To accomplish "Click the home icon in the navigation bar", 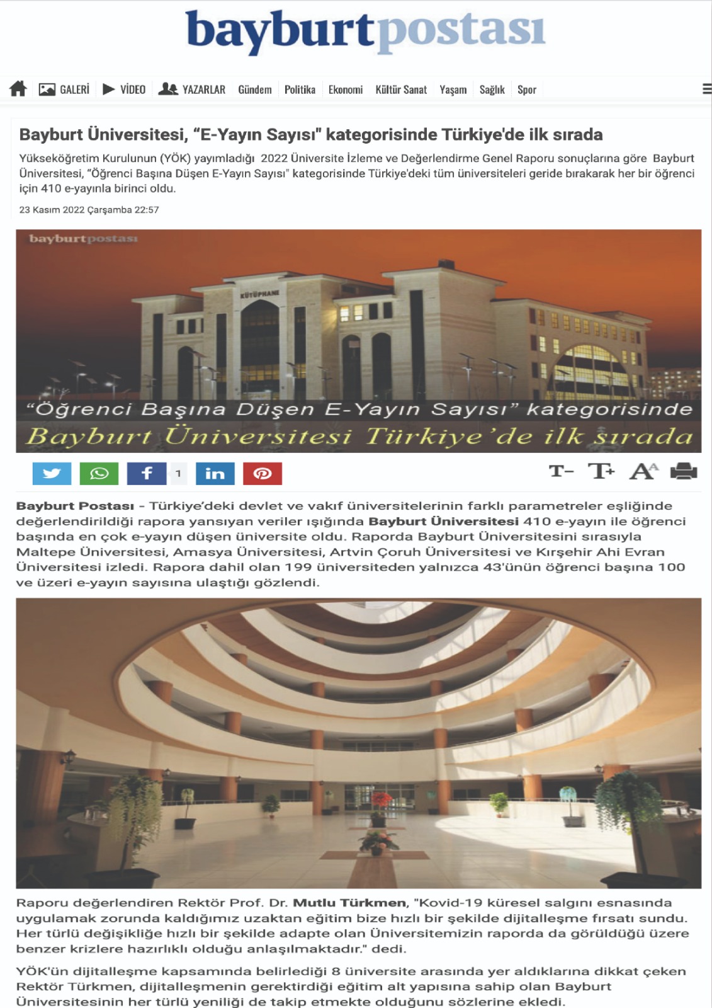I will (18, 89).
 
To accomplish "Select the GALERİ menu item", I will (64, 89).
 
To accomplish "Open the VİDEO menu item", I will (124, 89).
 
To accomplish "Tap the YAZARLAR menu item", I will (192, 89).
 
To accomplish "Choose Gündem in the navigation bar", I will (255, 89).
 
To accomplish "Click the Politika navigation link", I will (300, 89).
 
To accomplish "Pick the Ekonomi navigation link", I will (346, 89).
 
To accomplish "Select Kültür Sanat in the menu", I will (401, 89).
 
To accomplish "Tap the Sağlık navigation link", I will (492, 89).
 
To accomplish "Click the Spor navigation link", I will (527, 89).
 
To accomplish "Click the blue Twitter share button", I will (52, 473).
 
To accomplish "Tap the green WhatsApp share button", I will (99, 473).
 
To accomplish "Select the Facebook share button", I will (147, 473).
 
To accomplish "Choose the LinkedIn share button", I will (215, 473).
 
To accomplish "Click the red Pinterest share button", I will (263, 473).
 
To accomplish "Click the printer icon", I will (684, 471).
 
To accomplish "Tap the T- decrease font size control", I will (561, 471).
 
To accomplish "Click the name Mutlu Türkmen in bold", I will (349, 903).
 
